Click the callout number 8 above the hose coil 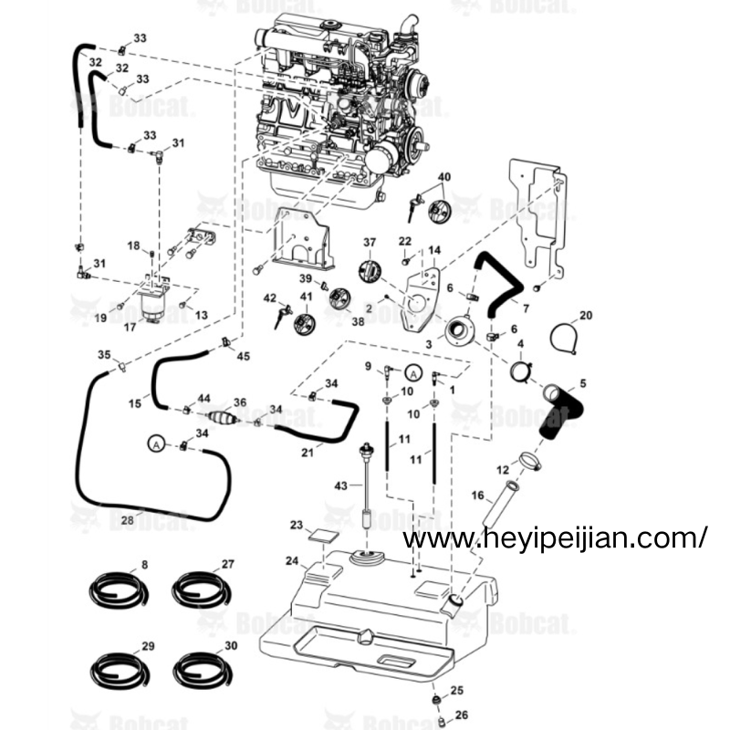(144, 565)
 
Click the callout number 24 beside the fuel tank (290, 560)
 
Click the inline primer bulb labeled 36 (223, 418)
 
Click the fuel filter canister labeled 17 (154, 300)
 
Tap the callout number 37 (370, 242)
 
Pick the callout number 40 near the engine (444, 176)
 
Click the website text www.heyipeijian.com (554, 539)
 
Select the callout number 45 (243, 355)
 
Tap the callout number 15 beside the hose (134, 401)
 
